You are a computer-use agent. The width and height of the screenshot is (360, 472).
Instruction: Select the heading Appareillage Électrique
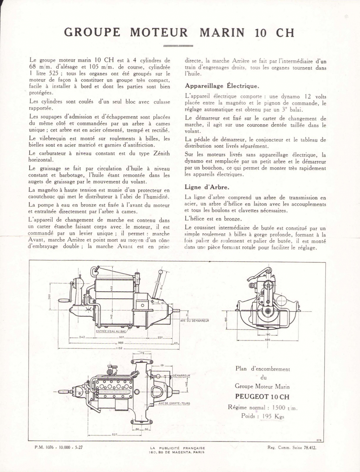[x=222, y=86]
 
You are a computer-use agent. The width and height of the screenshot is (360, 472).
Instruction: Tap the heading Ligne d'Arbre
[x=207, y=187]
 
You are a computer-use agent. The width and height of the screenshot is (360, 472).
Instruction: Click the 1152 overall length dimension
[x=118, y=348]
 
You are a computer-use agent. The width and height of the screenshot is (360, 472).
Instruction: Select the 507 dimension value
[x=123, y=337]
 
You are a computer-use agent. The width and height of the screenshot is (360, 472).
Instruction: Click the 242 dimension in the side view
[x=82, y=337]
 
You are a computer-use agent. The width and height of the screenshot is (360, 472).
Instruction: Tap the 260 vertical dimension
[x=49, y=297]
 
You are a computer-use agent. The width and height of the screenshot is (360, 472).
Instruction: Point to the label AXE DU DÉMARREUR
[x=195, y=321]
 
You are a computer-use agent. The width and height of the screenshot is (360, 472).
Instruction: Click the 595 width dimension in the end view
[x=267, y=340]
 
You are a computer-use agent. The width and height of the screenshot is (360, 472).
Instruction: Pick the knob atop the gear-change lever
[x=161, y=272]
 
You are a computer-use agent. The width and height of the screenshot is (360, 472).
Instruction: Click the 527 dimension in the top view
[x=114, y=435]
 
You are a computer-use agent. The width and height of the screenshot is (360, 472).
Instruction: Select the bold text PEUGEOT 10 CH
[x=262, y=396]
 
